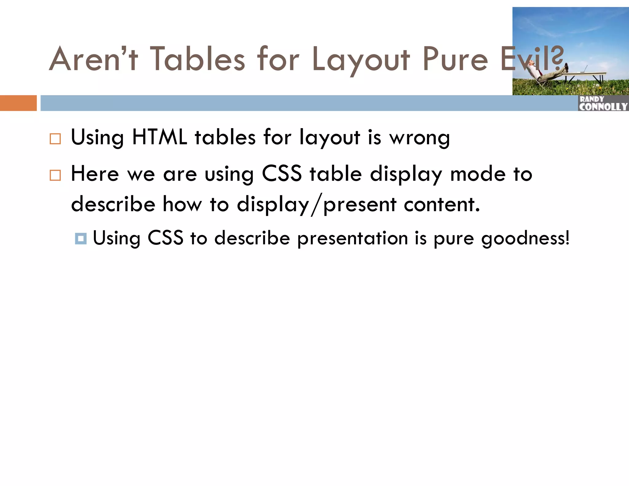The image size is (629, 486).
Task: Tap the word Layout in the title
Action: tap(361, 60)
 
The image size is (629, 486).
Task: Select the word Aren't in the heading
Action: tap(94, 59)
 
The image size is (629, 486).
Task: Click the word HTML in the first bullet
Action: tap(159, 137)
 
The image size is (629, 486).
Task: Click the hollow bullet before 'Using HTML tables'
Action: tap(55, 139)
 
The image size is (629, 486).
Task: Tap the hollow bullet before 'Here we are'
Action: tap(55, 175)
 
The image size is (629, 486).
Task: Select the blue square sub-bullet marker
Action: tap(81, 238)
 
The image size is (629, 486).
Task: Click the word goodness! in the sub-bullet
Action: tap(525, 239)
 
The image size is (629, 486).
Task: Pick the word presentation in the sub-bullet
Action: tap(353, 239)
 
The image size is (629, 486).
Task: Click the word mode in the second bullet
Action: tap(478, 174)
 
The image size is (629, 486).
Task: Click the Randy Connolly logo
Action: tap(603, 103)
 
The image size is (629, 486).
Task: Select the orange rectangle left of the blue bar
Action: tap(18, 103)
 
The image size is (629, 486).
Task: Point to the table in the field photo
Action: tap(584, 75)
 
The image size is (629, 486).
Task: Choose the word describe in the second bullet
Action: tap(113, 204)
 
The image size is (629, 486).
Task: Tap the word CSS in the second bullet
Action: tap(282, 174)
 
